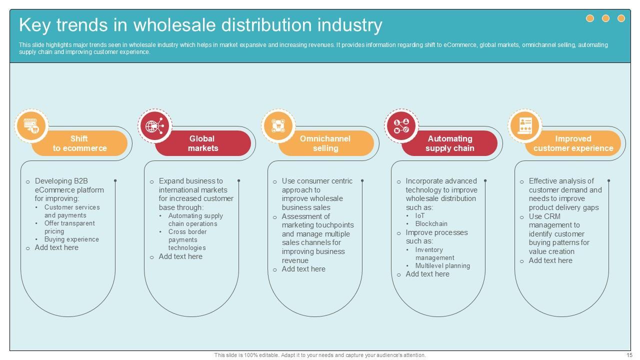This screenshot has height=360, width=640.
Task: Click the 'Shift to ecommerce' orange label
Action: click(79, 143)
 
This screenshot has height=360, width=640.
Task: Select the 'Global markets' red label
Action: click(202, 143)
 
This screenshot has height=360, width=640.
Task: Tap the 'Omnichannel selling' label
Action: click(325, 143)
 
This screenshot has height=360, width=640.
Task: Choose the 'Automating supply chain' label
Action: click(449, 143)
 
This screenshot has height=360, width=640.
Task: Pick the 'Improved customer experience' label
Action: click(573, 143)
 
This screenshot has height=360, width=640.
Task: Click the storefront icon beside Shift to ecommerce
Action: click(31, 125)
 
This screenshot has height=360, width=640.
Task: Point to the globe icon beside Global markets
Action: click(154, 125)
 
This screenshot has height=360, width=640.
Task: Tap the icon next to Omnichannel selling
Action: click(278, 125)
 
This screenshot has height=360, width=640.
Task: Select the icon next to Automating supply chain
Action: click(401, 125)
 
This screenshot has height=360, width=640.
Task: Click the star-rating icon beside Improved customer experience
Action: click(525, 125)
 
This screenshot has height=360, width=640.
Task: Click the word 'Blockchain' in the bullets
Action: click(431, 224)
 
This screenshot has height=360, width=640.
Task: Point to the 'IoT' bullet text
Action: click(420, 216)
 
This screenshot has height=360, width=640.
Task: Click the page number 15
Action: click(629, 355)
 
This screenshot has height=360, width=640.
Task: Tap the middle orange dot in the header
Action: click(605, 18)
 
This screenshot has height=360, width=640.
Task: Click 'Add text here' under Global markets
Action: click(180, 256)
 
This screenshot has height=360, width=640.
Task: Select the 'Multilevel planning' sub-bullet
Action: click(442, 266)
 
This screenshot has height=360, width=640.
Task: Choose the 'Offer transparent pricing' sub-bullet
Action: click(69, 227)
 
